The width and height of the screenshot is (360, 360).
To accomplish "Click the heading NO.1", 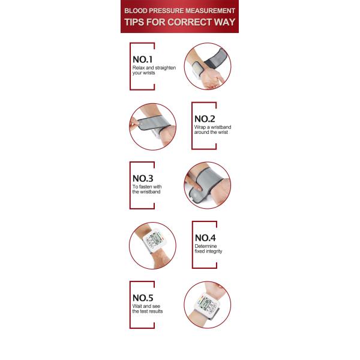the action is point(143,59).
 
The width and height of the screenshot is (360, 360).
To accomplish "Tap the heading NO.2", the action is point(205,119).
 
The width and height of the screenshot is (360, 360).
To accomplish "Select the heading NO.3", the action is point(143,178).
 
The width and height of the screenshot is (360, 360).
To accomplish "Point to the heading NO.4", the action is point(205,238).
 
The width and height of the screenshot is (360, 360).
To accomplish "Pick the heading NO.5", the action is point(143,298).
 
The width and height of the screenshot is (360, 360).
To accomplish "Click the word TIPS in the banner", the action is point(134,22).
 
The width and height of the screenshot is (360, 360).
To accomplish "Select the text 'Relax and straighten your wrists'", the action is point(154,70).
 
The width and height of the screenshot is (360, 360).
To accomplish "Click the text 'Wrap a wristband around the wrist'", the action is point(212,130).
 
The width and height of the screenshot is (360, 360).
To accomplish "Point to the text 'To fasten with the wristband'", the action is point(147,189).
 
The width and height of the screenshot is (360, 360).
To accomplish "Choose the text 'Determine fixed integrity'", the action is point(208,248).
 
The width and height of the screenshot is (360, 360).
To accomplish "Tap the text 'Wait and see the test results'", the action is point(148,308).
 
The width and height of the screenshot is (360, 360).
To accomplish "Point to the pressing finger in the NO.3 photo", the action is point(193,183).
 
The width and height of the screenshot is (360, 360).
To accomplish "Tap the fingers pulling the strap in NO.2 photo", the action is point(134,124).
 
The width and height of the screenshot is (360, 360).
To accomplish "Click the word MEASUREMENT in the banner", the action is point(210,11).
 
